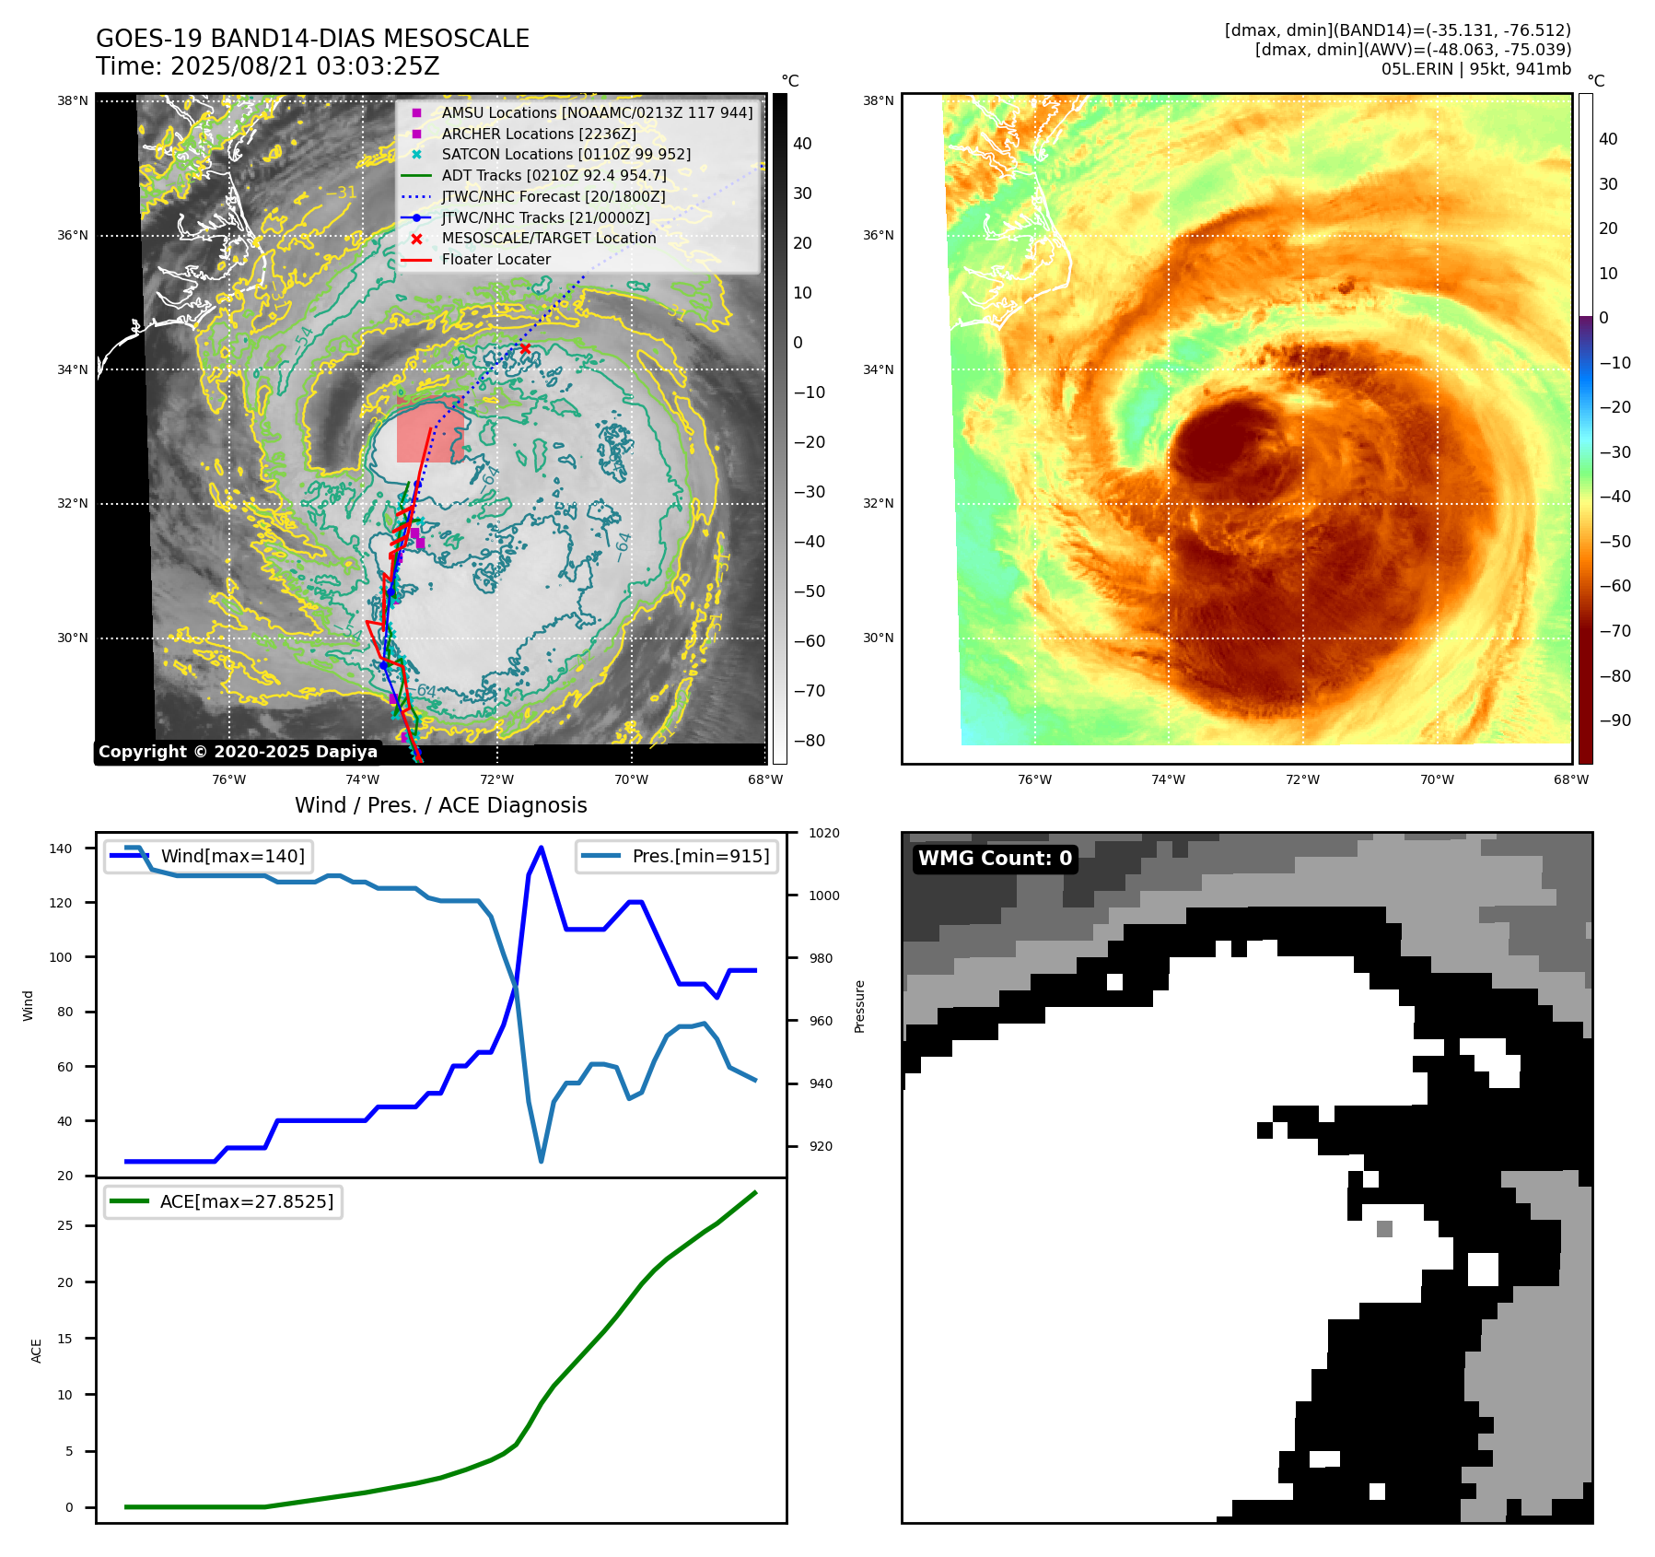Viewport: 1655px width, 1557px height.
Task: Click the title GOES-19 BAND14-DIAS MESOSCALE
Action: click(312, 39)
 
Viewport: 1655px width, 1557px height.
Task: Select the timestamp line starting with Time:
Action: click(267, 67)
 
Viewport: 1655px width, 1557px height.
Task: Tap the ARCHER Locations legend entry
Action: click(538, 134)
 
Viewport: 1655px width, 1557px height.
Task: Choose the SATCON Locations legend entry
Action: click(565, 155)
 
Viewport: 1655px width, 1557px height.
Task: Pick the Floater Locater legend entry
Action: click(495, 260)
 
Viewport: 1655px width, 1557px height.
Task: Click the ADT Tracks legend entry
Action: click(554, 175)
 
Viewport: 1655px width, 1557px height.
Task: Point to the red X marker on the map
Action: click(525, 348)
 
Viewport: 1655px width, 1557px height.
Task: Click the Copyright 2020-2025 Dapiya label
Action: click(238, 752)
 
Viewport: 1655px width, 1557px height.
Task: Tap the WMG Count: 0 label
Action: click(995, 859)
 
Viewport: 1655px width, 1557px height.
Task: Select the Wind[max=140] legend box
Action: click(208, 856)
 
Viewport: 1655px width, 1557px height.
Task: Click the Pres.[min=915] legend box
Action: click(677, 856)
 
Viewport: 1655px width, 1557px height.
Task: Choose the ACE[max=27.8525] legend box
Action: click(223, 1201)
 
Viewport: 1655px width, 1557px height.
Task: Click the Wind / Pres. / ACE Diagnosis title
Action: click(440, 805)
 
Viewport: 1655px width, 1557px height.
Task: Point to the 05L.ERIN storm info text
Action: click(1475, 69)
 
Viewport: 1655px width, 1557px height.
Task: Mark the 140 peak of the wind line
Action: click(541, 848)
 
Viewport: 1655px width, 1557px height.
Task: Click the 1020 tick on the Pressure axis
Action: click(823, 833)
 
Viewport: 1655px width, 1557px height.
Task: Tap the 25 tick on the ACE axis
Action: click(65, 1225)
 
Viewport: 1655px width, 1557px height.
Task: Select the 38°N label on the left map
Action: click(73, 100)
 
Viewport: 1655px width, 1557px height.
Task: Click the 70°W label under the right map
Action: click(1437, 779)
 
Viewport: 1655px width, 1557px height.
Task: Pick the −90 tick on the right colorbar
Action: click(1614, 720)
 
